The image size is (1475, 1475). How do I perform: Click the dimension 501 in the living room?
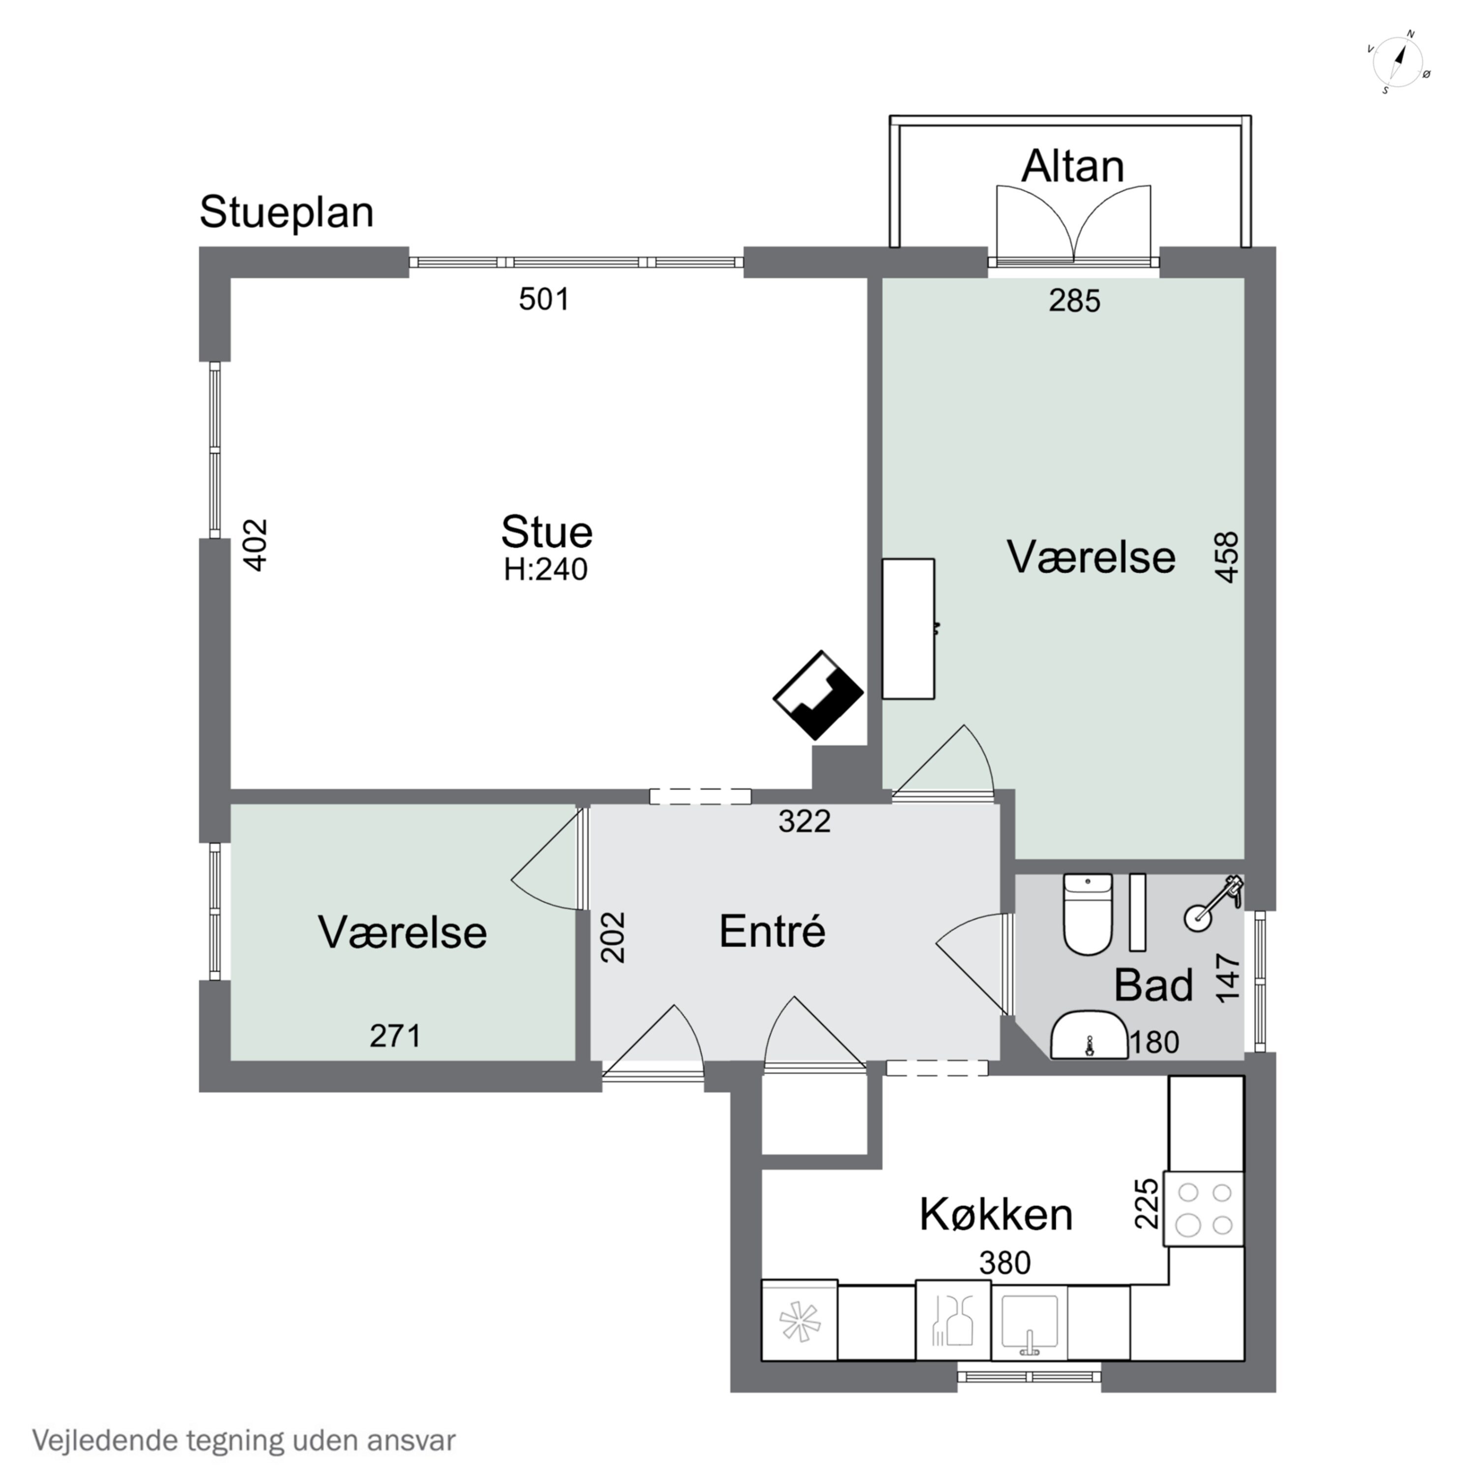coord(544,299)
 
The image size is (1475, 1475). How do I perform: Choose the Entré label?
coord(772,931)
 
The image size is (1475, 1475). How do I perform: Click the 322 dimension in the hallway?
coord(804,822)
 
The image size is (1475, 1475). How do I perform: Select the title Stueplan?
coord(286,213)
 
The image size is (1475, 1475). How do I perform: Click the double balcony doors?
coord(1073,225)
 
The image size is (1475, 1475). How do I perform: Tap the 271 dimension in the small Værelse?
coord(395,1036)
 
